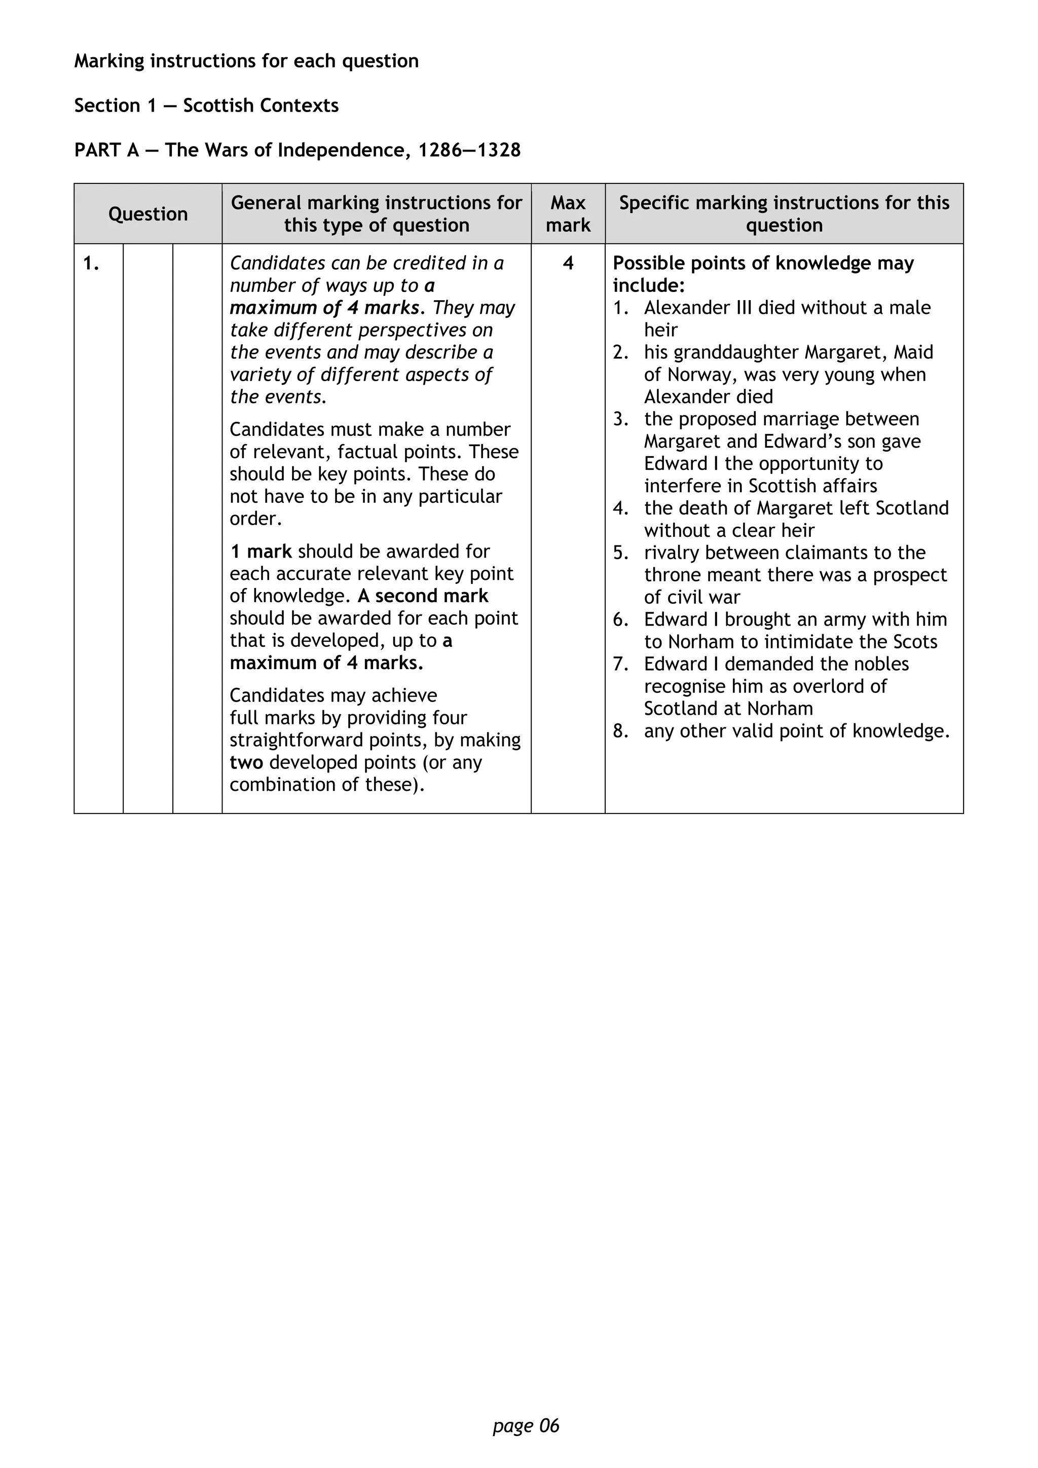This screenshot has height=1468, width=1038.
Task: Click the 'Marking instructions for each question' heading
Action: [246, 61]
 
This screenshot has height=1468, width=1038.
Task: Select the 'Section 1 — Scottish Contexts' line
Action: [206, 105]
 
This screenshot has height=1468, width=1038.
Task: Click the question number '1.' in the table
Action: [91, 264]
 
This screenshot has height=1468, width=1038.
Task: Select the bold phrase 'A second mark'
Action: [423, 596]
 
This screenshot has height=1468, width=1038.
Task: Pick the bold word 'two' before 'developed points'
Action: [246, 763]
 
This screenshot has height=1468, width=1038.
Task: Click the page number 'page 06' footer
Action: [526, 1426]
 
